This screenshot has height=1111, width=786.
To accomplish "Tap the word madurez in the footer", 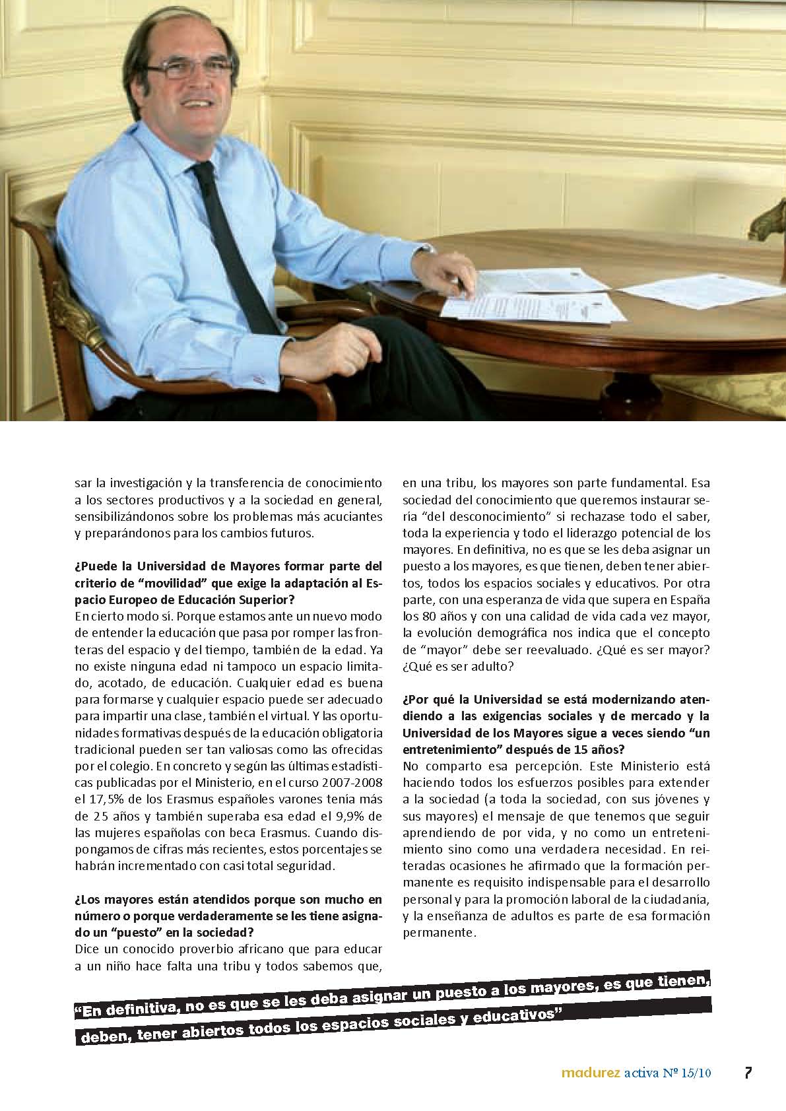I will pyautogui.click(x=590, y=1073).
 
